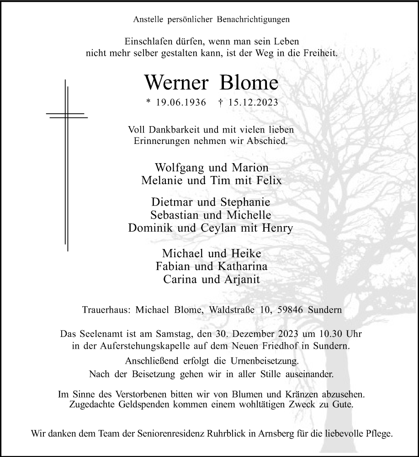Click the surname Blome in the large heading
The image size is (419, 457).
[249, 83]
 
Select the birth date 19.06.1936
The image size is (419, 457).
[175, 103]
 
